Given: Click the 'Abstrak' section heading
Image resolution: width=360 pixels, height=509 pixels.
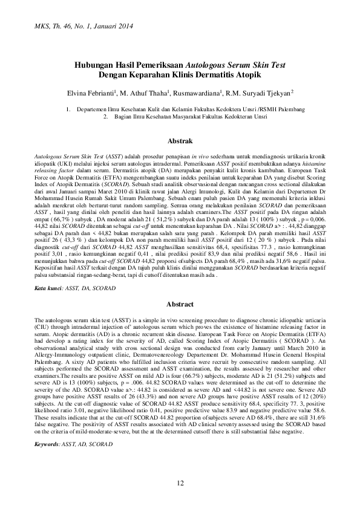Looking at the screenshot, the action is tap(180, 140).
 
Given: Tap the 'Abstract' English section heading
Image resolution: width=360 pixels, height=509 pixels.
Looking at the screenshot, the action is tap(180, 304).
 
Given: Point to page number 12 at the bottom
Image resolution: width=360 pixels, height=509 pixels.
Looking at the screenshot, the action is tap(180, 482).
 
